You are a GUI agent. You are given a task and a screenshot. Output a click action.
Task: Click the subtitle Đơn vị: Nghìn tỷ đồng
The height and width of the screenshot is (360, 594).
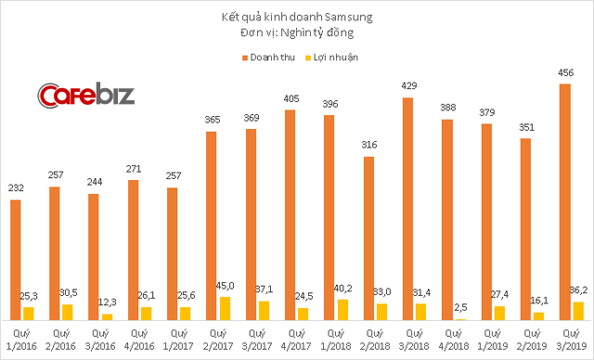click(297, 34)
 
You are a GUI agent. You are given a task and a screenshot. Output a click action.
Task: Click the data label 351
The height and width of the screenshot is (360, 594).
click(525, 128)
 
